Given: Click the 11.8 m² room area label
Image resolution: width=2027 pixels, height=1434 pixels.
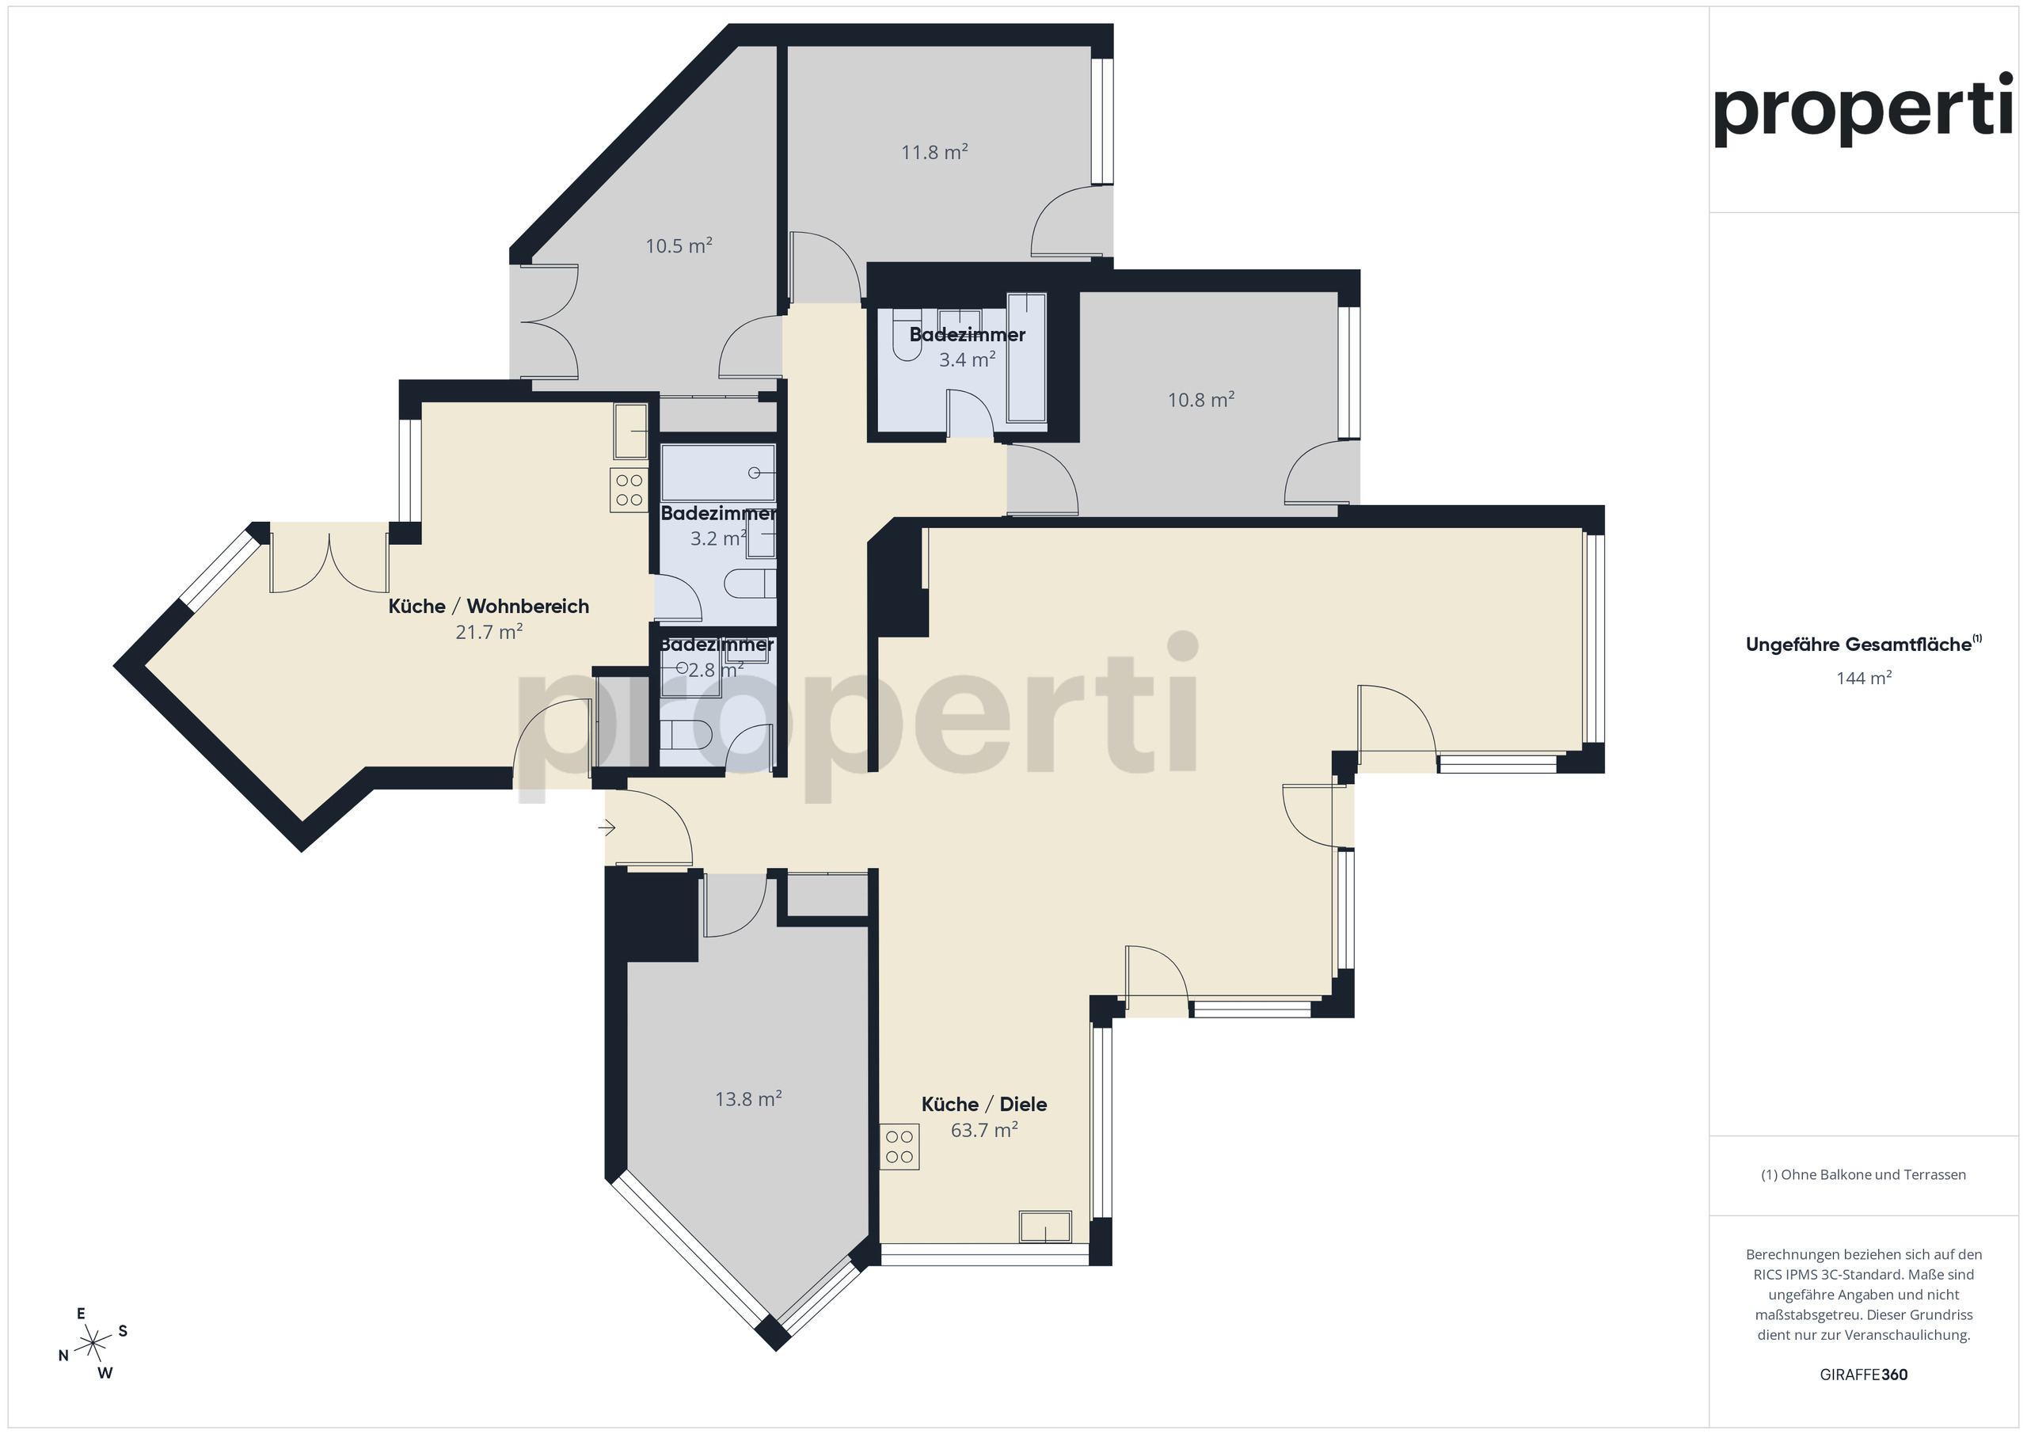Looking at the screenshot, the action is coord(934,152).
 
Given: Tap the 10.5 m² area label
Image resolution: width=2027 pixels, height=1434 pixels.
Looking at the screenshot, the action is coord(678,245).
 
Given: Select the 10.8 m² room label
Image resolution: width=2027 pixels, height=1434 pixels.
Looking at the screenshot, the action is coord(1200,400).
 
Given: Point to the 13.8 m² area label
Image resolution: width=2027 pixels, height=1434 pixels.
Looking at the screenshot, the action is coord(747,1099).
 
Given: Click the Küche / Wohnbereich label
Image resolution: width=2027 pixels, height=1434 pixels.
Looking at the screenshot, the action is coord(489,606).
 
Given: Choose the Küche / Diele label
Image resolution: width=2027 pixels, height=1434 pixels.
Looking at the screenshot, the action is coord(983,1104).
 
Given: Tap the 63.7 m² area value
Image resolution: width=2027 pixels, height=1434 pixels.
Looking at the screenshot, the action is coord(983,1130).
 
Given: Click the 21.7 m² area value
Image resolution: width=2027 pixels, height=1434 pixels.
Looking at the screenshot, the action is coord(489,632).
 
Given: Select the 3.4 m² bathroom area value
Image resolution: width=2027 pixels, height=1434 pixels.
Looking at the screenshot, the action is coord(967,359).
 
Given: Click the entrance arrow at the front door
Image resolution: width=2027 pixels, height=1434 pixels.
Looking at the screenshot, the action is coord(607,827).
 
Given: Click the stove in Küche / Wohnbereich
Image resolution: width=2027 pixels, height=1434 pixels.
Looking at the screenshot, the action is coord(629,490).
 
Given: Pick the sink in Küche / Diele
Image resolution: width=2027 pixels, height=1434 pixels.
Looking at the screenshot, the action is coord(1045,1227).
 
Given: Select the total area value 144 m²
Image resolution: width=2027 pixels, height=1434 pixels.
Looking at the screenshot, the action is coord(1864,678).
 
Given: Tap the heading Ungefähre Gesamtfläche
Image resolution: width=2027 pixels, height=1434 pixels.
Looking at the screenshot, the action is coord(1863,645).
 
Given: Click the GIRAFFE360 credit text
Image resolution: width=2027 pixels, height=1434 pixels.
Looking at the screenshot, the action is coord(1864,1374).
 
